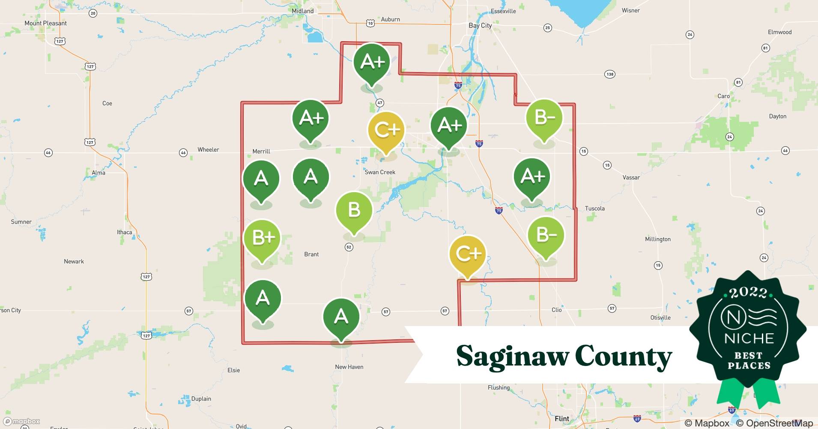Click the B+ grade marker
pos(262,238)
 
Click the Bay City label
pos(480,25)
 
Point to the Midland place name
pos(302,11)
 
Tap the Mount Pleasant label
pos(45,23)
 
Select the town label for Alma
pos(98,172)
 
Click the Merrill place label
pos(261,151)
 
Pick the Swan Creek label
pos(380,172)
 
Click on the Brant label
pos(311,254)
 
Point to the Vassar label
pos(631,177)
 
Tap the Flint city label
pos(562,418)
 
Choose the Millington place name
pos(658,239)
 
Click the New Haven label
pos(349,367)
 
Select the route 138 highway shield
pos(610,74)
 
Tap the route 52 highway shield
pos(349,247)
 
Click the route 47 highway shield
pos(379,103)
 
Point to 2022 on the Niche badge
pos(748,293)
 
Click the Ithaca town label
pos(125,232)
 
